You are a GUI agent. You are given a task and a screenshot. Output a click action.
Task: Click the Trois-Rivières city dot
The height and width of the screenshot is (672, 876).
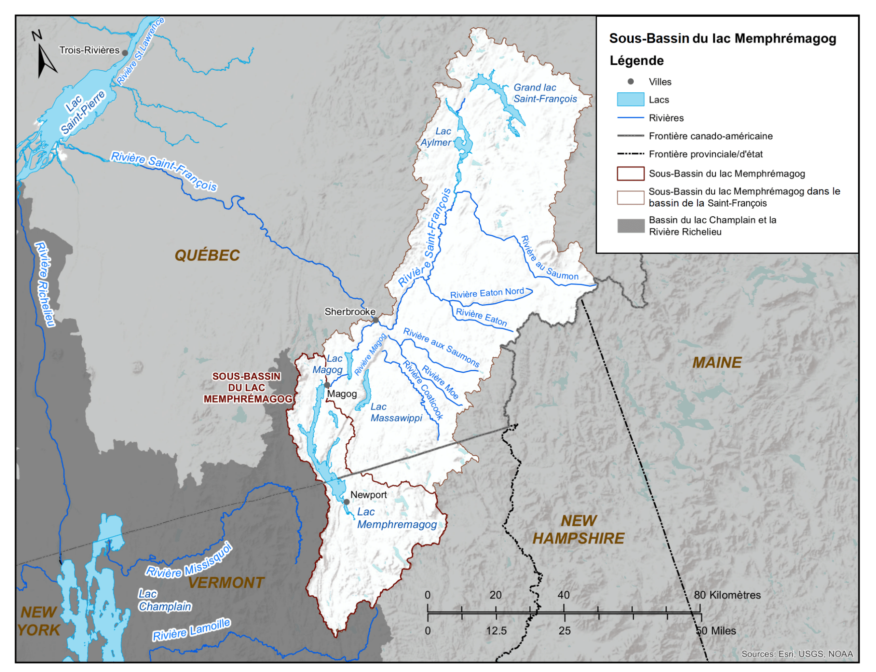(125, 53)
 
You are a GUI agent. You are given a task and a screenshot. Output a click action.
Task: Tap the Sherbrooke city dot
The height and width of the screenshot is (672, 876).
(376, 320)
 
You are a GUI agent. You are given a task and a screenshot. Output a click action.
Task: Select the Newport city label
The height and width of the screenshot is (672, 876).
(369, 495)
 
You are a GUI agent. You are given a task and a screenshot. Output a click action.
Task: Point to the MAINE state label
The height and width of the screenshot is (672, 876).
(717, 363)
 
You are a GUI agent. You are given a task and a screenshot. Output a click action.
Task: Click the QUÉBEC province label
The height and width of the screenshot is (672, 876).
(207, 255)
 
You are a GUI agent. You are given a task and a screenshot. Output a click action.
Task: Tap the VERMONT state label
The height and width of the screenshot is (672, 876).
(226, 583)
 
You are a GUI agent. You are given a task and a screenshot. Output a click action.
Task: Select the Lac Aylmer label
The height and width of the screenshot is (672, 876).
(437, 137)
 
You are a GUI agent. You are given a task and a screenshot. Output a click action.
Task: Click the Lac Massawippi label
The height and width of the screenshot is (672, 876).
(396, 413)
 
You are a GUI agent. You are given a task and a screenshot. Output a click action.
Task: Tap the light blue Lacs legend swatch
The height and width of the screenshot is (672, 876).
(630, 100)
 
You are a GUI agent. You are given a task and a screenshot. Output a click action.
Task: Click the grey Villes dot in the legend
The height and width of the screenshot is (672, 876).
(631, 82)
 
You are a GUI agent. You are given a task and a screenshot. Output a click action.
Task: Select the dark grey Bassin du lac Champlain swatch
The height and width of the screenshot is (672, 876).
(630, 226)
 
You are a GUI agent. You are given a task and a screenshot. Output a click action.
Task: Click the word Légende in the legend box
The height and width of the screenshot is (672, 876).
(637, 61)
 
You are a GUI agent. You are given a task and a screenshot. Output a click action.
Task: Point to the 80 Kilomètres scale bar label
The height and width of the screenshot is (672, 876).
(727, 595)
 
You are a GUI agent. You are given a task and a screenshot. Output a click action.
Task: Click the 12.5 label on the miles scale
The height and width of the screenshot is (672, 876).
(497, 631)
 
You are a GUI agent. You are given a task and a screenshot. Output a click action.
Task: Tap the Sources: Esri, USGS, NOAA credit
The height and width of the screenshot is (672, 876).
(797, 654)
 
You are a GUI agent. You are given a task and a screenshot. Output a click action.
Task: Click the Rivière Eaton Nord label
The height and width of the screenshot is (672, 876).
(487, 293)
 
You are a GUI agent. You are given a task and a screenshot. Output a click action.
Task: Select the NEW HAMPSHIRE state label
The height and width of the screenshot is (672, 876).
(578, 530)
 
